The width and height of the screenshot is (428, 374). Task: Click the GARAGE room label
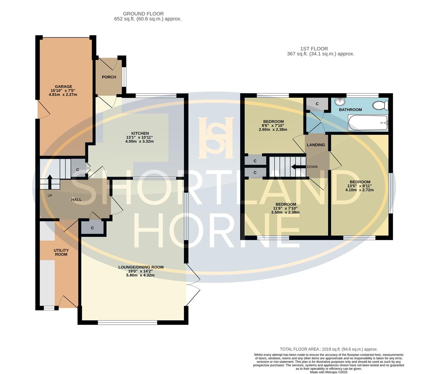click(63, 87)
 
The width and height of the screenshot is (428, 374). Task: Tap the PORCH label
click(109, 77)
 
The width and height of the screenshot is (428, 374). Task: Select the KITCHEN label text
click(140, 133)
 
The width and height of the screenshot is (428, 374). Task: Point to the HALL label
click(76, 199)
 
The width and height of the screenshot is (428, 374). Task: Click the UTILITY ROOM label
click(61, 252)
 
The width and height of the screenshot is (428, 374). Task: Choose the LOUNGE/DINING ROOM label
click(141, 267)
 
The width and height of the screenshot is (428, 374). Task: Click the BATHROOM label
click(350, 110)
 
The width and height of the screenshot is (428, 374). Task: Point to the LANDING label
click(316, 145)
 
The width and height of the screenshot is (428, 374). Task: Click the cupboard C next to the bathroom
click(317, 104)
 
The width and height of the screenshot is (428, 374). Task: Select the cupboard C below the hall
click(93, 228)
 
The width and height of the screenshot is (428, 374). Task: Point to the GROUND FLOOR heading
click(148, 14)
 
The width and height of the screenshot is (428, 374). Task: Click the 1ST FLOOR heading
click(314, 49)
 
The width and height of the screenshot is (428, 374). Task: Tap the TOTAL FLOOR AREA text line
click(329, 349)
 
